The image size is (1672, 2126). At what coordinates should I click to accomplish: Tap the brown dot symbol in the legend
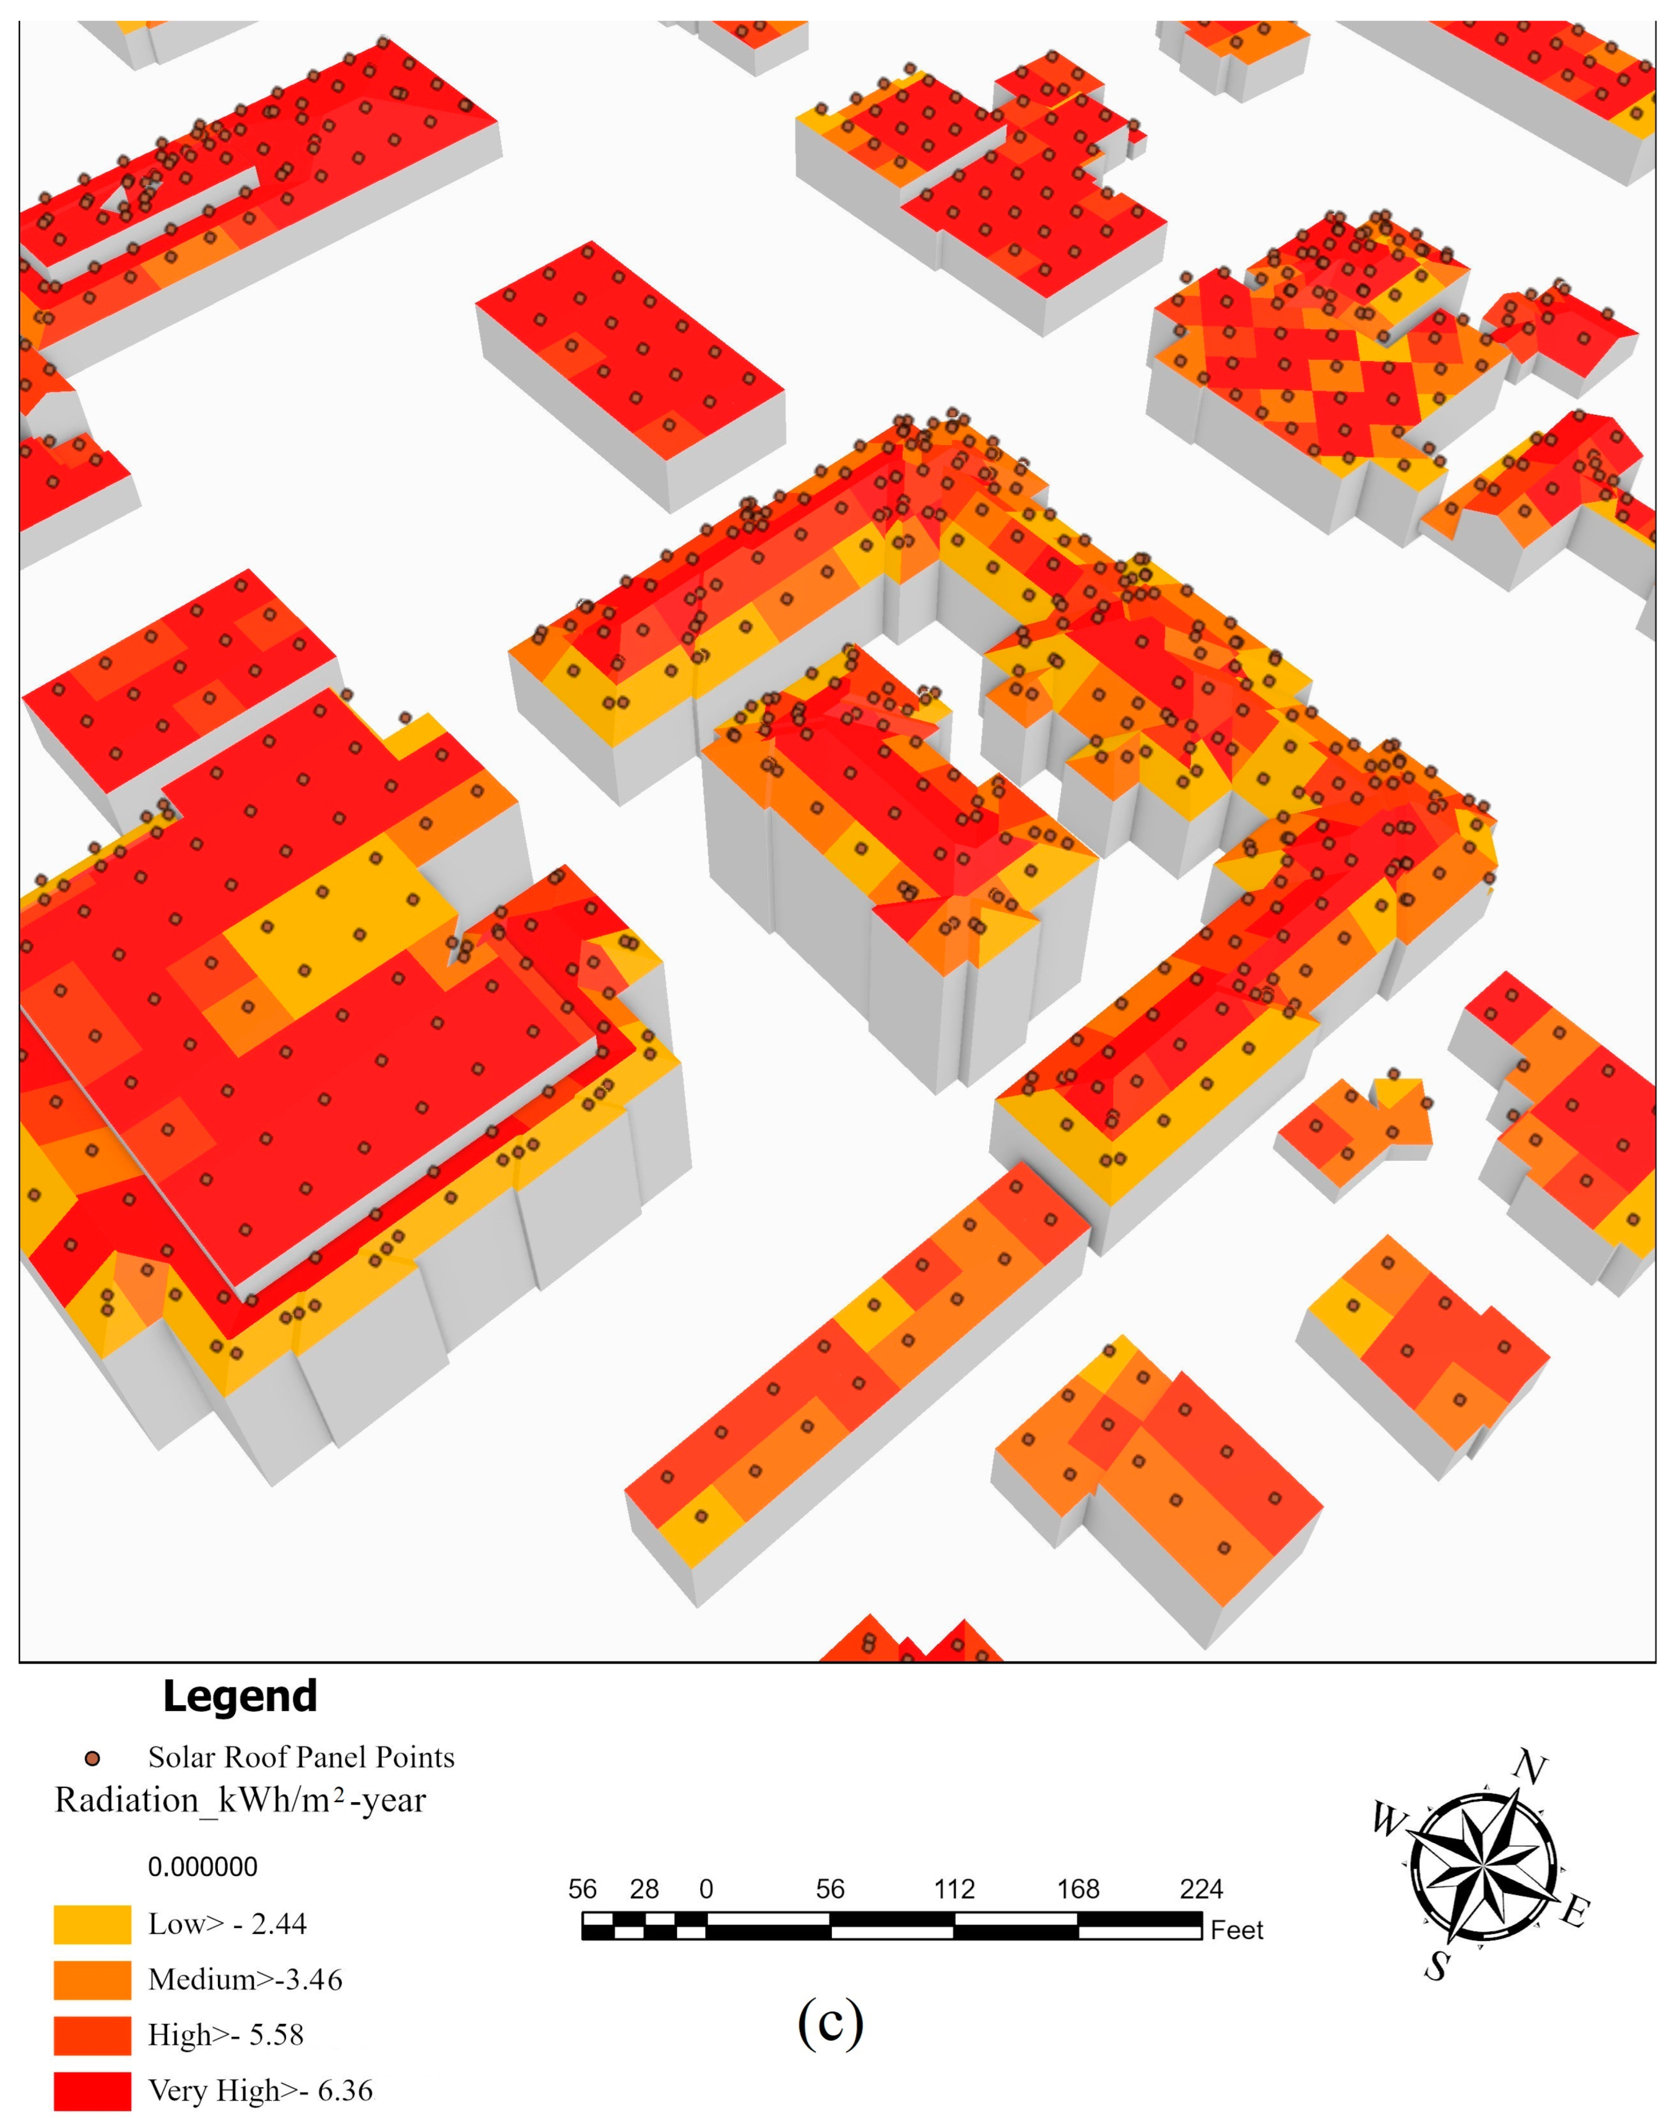[93, 1759]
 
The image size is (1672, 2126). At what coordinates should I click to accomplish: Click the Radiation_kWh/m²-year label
[241, 1801]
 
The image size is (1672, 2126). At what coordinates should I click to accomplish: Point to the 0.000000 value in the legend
[202, 1867]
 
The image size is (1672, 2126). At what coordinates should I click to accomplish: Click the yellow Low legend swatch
[92, 1924]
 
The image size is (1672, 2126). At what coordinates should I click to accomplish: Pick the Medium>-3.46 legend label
[245, 1979]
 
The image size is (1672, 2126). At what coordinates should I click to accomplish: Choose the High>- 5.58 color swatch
[92, 2035]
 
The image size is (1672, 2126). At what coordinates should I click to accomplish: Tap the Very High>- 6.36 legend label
[261, 2091]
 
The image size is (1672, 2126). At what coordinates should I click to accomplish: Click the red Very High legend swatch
[92, 2091]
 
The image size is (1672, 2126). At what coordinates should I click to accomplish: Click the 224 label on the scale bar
[1201, 1889]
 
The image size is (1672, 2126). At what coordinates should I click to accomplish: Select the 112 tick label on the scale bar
[953, 1889]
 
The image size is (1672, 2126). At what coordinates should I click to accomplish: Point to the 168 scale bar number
[1078, 1889]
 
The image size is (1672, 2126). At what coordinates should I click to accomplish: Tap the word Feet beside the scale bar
[1237, 1930]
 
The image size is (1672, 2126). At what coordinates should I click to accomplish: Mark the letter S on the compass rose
[1437, 1966]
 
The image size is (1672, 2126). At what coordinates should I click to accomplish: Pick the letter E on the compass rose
[1574, 1911]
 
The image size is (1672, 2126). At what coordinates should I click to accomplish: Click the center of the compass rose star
[1482, 1868]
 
